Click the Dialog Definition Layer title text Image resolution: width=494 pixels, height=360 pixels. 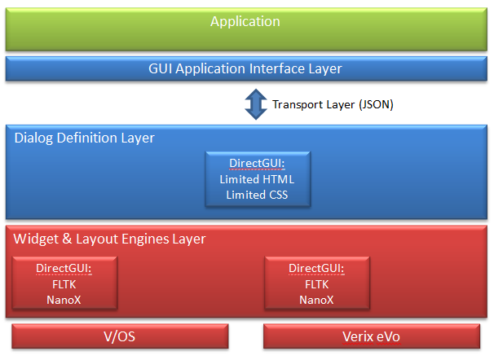85,138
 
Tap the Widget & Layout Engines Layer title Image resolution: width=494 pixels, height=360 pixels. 110,239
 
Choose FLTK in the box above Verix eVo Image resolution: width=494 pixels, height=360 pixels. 317,284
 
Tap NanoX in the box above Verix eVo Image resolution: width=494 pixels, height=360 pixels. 317,299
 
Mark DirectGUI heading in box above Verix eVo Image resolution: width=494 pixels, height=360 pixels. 317,269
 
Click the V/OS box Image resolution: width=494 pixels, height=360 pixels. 120,336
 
